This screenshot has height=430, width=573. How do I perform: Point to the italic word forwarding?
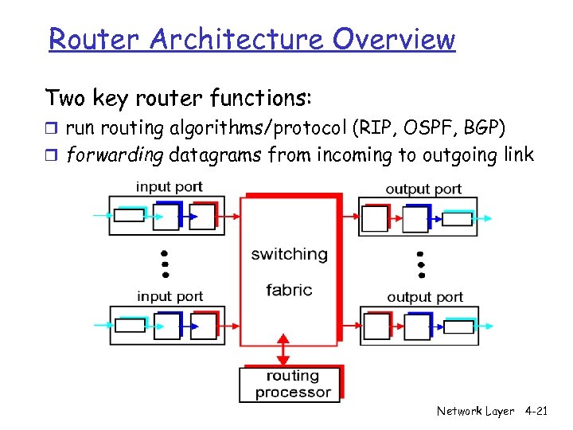pos(115,154)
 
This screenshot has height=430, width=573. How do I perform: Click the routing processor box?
pos(292,384)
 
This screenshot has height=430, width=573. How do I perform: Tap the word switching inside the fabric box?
pos(289,254)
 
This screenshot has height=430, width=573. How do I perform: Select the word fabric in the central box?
pos(289,290)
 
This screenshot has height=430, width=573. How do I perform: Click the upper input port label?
pos(170,187)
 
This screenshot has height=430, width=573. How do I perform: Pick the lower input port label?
pos(170,296)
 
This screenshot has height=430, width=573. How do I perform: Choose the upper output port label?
pos(423,189)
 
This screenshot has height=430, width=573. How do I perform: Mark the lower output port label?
pos(424,297)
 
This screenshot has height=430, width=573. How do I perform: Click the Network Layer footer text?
pos(475,411)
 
